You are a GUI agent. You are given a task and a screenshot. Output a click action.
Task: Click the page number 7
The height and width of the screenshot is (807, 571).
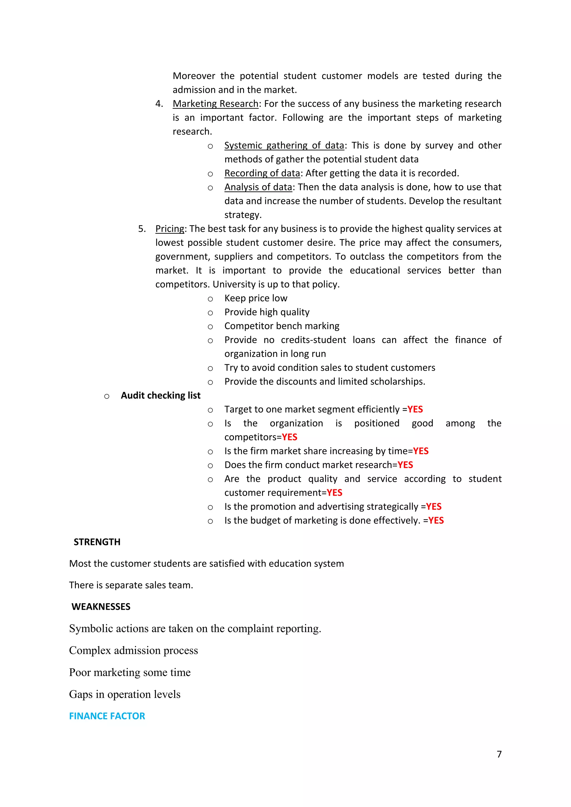tap(499, 754)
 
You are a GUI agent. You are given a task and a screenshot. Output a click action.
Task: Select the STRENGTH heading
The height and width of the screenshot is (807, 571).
tap(97, 542)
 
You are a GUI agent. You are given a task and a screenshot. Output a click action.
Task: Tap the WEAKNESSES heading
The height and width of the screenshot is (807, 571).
tap(101, 607)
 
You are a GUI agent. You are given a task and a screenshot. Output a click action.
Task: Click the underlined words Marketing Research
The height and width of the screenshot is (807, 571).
tap(216, 104)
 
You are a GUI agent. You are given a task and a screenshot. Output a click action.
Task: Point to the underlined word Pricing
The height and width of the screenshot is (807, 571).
tap(170, 229)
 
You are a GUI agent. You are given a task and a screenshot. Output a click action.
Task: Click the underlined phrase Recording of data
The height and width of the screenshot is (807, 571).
tap(262, 173)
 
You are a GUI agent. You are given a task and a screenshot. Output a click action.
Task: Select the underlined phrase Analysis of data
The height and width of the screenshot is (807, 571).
tap(258, 187)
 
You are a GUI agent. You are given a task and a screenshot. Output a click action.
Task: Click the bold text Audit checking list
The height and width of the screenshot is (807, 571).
tap(161, 395)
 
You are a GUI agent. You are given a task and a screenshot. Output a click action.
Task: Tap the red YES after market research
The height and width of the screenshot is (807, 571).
tap(405, 465)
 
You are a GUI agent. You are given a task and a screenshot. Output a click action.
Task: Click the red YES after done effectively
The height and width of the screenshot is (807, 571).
tap(436, 521)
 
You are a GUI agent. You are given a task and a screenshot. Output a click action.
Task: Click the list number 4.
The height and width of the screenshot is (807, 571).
tap(159, 104)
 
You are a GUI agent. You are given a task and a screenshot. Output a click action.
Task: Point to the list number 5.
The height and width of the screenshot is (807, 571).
tap(142, 229)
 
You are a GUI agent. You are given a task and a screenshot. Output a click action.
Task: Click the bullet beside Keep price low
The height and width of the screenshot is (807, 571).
tap(210, 299)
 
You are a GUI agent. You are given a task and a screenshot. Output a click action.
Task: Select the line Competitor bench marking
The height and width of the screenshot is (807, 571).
tap(282, 326)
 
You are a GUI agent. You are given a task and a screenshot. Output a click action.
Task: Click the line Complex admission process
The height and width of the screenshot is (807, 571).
tap(134, 651)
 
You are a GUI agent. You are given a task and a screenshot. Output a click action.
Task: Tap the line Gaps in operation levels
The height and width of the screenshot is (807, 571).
tap(125, 694)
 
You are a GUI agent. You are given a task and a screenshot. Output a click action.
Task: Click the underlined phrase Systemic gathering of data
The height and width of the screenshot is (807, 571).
tap(284, 145)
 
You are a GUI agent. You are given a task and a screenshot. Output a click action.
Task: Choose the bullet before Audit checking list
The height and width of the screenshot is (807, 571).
tap(107, 397)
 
